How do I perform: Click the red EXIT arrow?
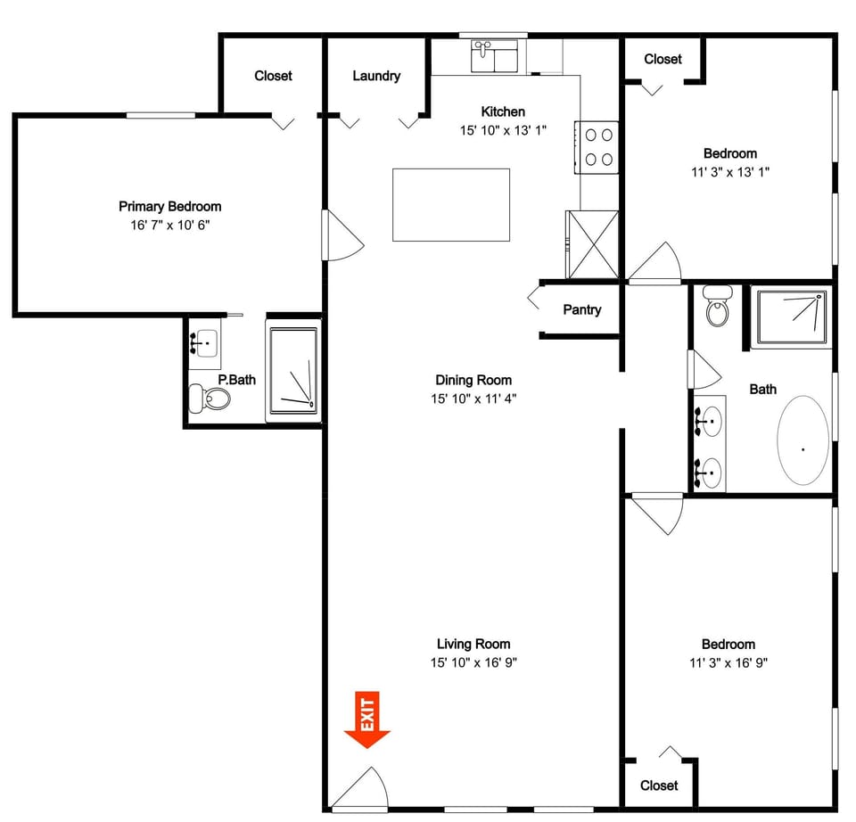coord(367,719)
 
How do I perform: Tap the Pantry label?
coord(581,310)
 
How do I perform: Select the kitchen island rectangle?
coord(451,205)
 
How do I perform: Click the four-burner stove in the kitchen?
coord(597,147)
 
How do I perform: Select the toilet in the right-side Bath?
coord(716,307)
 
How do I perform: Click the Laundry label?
coord(376,77)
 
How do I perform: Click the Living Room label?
coord(473,644)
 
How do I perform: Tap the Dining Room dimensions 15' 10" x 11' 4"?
coord(473,399)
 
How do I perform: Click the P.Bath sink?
coord(205,342)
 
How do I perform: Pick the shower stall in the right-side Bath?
coord(791,316)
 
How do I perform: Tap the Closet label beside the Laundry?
coord(273,77)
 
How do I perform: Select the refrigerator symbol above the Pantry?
coord(592,243)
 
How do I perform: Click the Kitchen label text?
coord(503,112)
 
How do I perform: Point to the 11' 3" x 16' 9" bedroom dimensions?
coord(728,662)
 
